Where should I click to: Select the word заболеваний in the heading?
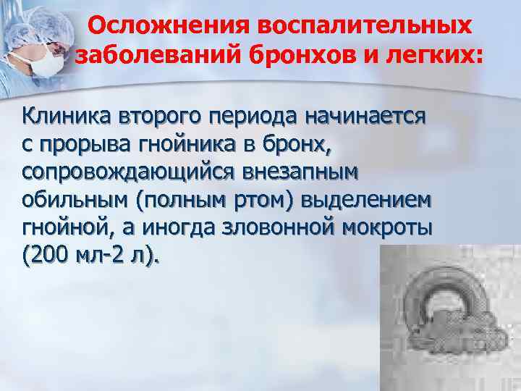click(148, 54)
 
